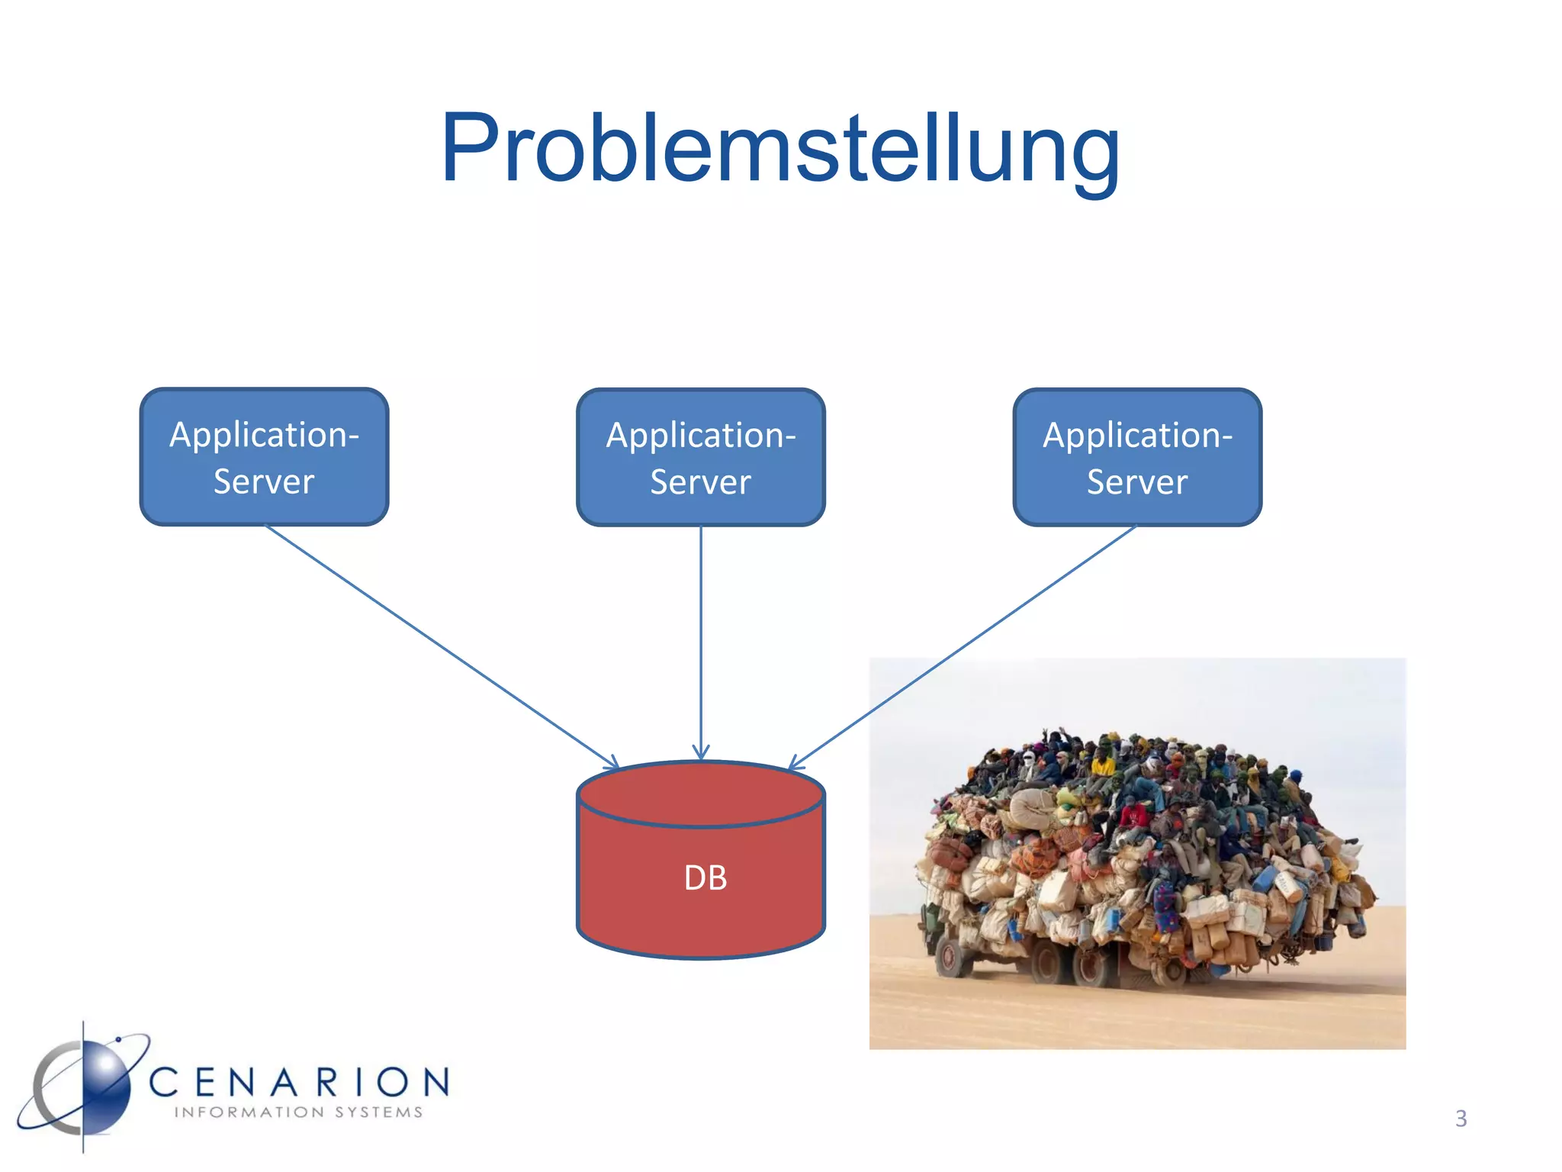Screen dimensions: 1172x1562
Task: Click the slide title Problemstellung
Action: [x=779, y=149]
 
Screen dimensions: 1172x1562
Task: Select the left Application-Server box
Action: [x=264, y=457]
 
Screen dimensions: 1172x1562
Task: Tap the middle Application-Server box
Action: [x=700, y=457]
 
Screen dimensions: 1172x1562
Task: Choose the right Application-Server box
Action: [x=1136, y=457]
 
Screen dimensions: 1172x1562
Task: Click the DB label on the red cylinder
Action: [x=705, y=878]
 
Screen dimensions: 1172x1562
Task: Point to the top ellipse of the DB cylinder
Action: [x=700, y=794]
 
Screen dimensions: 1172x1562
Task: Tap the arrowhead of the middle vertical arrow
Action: [x=700, y=753]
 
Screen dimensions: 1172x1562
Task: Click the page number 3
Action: [x=1461, y=1119]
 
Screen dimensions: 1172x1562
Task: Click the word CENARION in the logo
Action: [x=299, y=1083]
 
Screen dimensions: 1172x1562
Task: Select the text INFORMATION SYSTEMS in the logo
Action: [x=298, y=1112]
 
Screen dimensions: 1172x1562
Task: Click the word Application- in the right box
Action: [x=1136, y=436]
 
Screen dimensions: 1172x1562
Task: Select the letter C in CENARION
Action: [x=165, y=1083]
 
